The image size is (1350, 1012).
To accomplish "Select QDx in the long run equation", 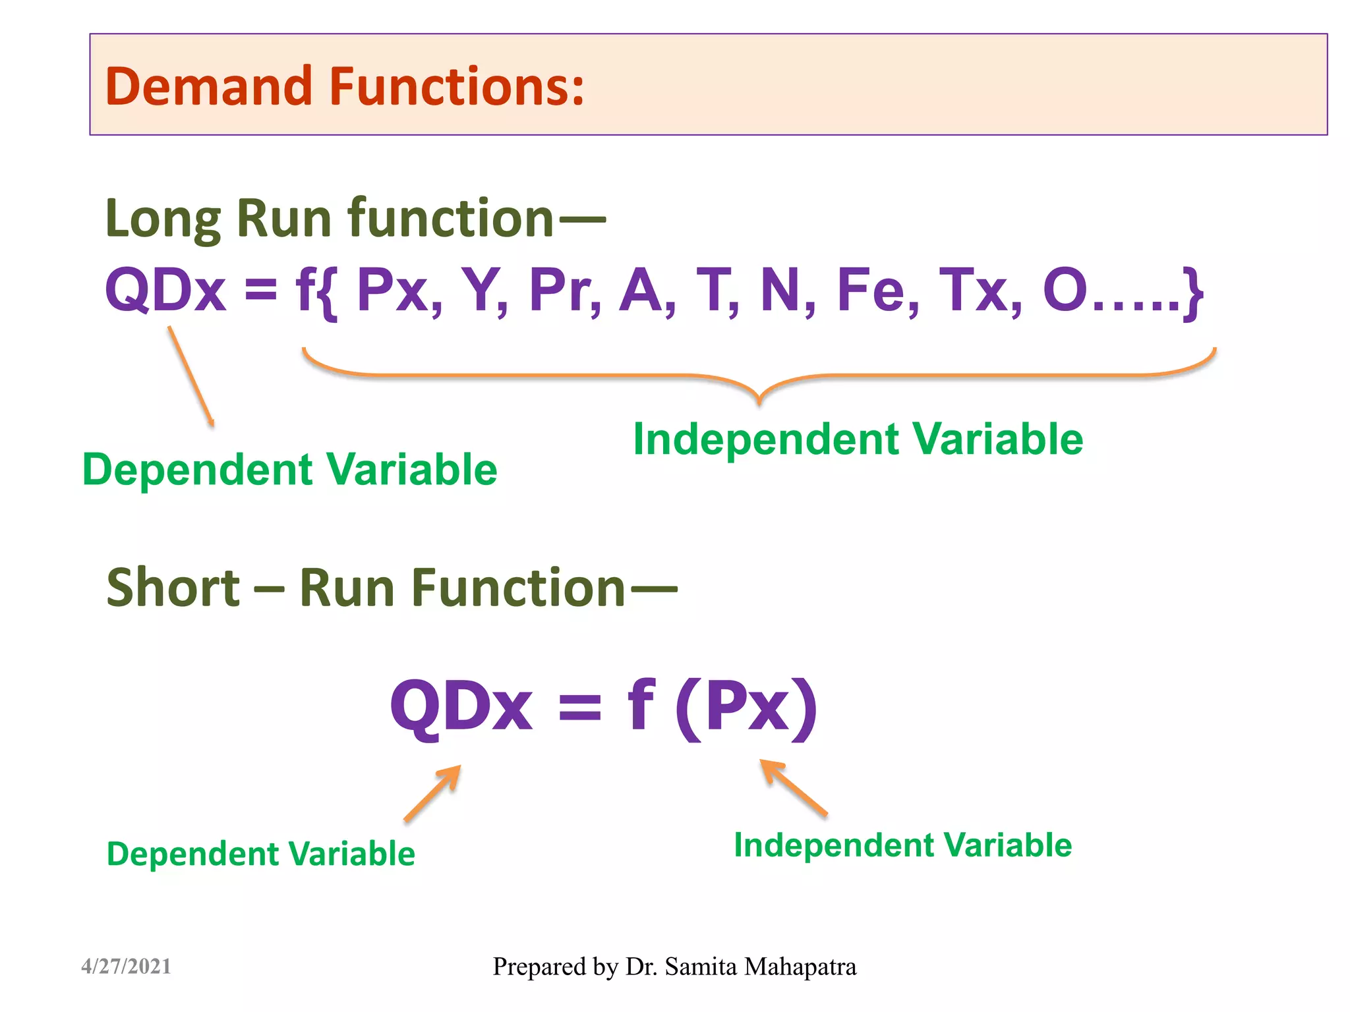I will [165, 291].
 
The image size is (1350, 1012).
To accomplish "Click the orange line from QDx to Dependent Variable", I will [191, 376].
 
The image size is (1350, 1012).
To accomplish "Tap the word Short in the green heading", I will [173, 588].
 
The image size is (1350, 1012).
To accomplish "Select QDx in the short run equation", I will [461, 707].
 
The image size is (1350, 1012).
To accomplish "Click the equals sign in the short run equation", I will [579, 708].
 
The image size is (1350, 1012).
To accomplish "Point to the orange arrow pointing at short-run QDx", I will [432, 793].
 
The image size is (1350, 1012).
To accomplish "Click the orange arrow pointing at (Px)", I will [794, 788].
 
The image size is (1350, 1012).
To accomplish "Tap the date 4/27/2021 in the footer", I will [126, 967].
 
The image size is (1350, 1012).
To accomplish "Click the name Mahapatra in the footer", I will [800, 967].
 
